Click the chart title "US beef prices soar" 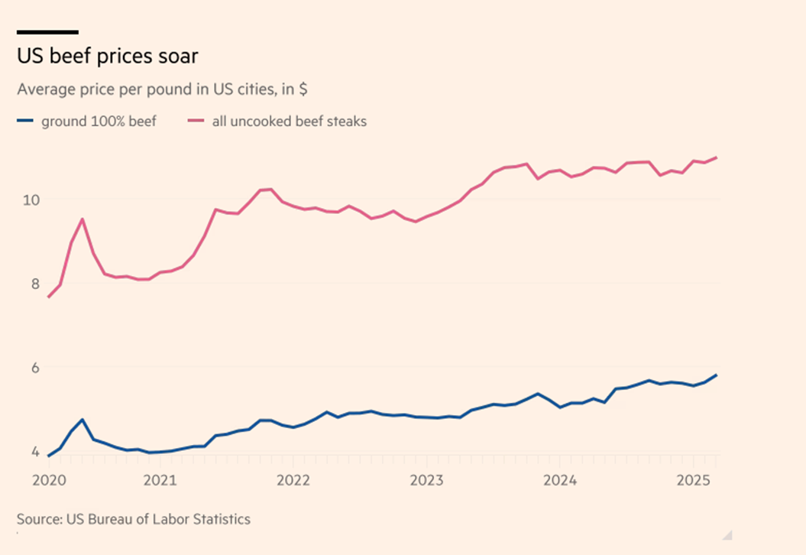click(108, 57)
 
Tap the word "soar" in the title click(180, 57)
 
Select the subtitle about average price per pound click(162, 89)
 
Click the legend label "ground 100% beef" click(99, 121)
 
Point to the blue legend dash click(25, 121)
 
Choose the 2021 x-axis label click(160, 481)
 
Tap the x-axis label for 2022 click(293, 481)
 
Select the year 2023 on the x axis click(427, 481)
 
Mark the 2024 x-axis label click(561, 481)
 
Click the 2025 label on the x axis click(694, 481)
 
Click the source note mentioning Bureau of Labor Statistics click(134, 519)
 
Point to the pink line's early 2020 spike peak click(82, 219)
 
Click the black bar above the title click(47, 32)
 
